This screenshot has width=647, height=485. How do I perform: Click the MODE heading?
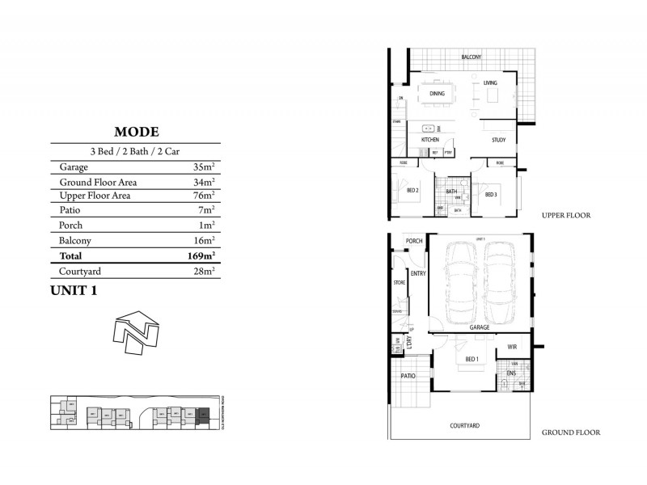(136, 132)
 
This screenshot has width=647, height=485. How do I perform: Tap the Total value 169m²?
(200, 255)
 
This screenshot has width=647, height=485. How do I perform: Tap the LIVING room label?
(490, 84)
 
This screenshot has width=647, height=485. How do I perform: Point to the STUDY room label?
(498, 141)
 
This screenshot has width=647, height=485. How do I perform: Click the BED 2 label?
(412, 191)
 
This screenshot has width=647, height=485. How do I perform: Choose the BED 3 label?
(491, 195)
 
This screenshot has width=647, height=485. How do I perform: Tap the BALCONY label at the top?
(472, 57)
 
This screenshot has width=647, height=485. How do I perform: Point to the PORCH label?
(414, 241)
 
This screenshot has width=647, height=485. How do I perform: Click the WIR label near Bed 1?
(512, 347)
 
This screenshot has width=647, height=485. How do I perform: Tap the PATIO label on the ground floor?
(408, 376)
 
